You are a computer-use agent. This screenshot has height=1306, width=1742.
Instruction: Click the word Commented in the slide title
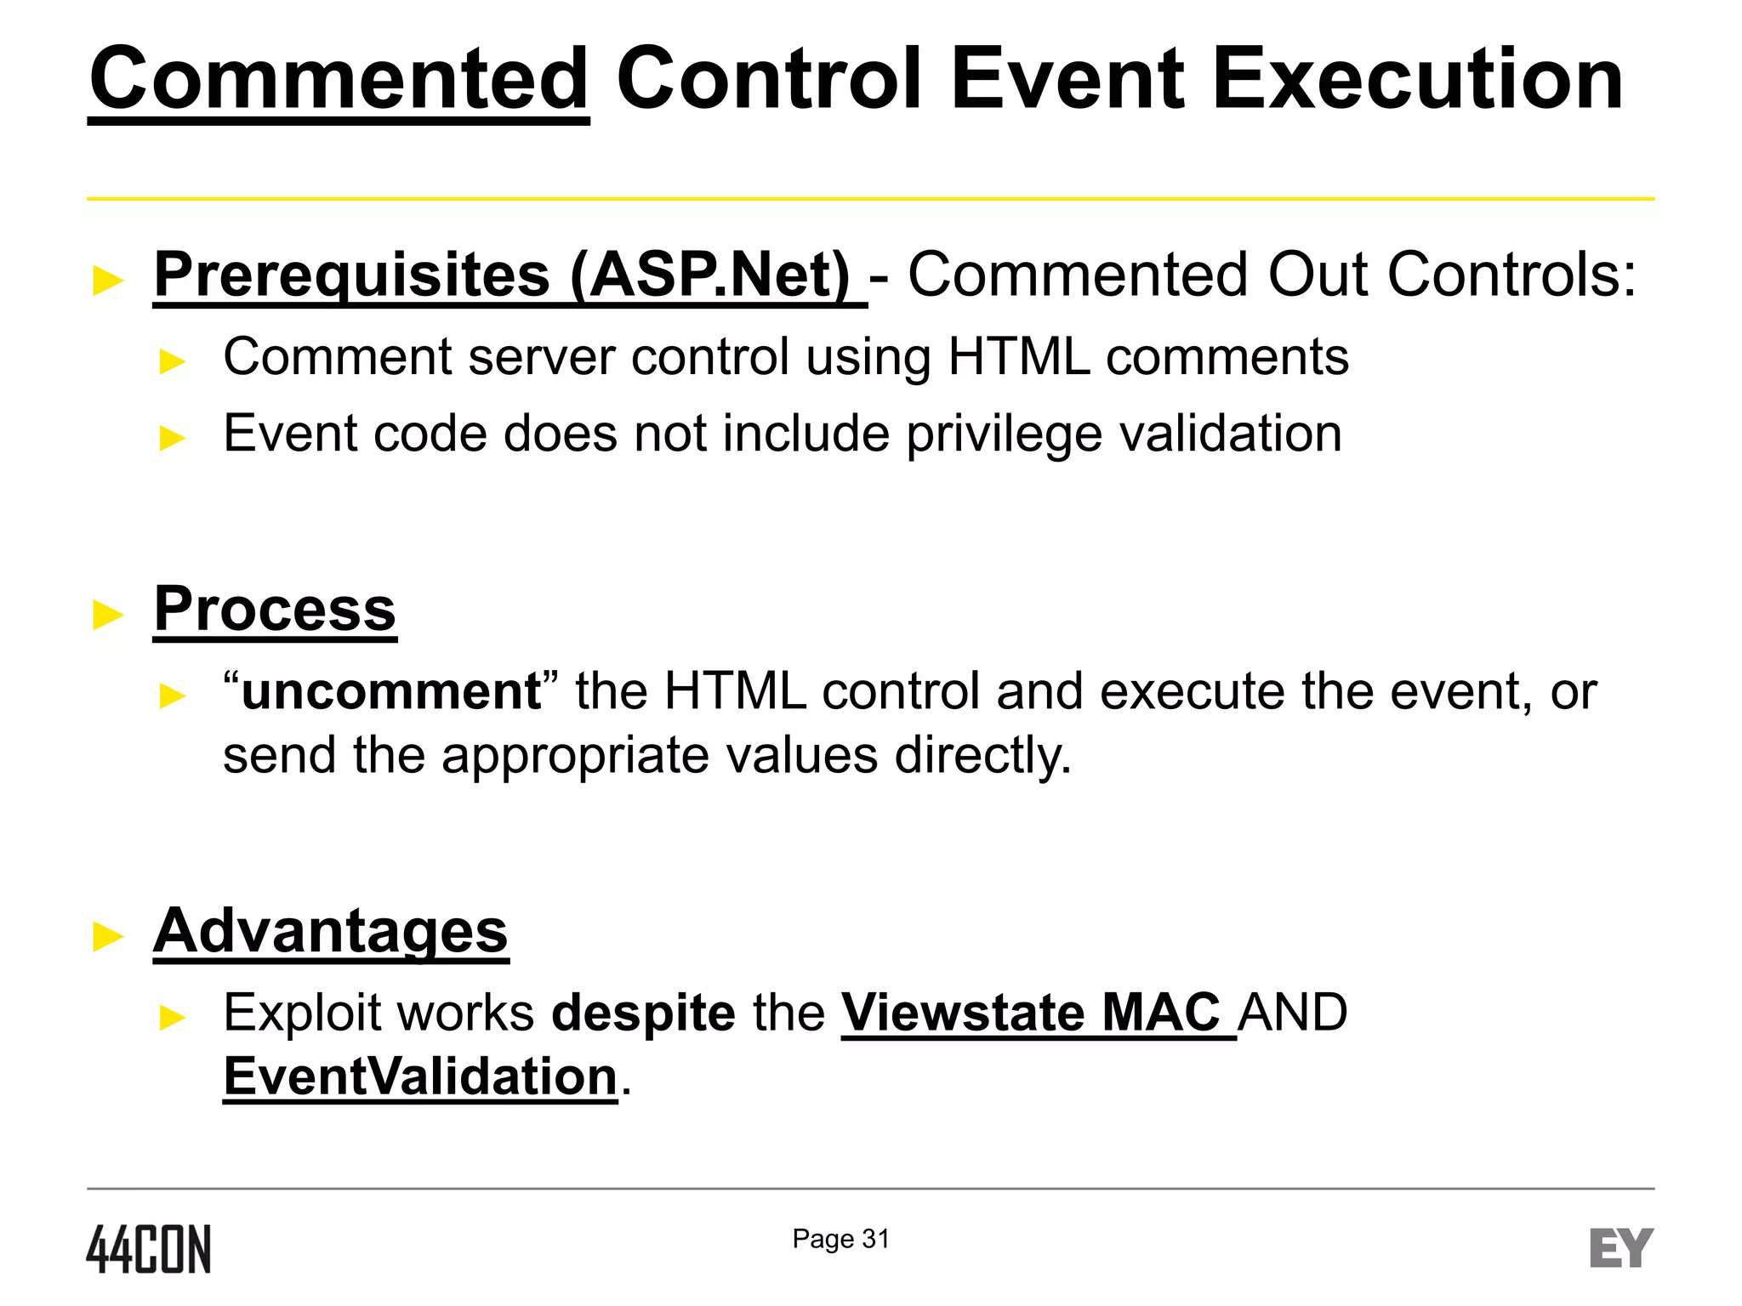click(x=339, y=80)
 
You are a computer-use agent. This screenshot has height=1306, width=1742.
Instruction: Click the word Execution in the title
click(x=1416, y=80)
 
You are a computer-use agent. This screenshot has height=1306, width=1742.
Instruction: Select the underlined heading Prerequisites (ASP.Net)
click(x=502, y=275)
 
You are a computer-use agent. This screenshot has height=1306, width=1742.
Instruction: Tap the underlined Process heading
click(x=275, y=610)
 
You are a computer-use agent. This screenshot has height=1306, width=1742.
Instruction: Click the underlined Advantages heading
click(x=331, y=931)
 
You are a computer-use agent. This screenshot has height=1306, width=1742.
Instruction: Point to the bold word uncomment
click(x=391, y=691)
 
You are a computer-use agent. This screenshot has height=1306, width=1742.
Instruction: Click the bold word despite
click(x=643, y=1014)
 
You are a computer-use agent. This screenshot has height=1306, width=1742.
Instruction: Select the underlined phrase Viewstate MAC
click(x=1031, y=1014)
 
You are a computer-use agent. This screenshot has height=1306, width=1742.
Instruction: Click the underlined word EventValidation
click(x=420, y=1077)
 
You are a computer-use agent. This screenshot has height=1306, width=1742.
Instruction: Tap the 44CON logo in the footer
click(x=149, y=1249)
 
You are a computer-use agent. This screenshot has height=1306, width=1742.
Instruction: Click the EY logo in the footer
click(x=1620, y=1248)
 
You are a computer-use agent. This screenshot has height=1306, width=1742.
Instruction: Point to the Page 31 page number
click(x=840, y=1239)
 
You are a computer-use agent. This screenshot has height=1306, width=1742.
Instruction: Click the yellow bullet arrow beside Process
click(x=108, y=614)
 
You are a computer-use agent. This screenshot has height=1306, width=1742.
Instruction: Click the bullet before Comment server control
click(x=173, y=361)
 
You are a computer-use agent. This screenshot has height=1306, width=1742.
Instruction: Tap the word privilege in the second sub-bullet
click(x=1004, y=434)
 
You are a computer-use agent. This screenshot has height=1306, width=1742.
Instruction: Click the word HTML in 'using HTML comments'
click(x=1018, y=357)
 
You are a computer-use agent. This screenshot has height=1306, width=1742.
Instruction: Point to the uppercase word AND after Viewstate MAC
click(x=1293, y=1014)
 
